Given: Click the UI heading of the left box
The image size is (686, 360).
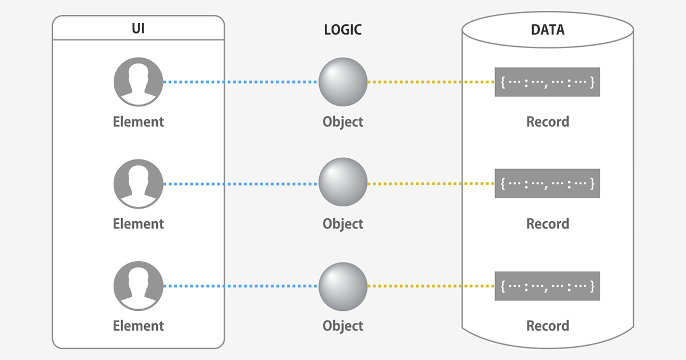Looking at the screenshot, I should (x=138, y=29).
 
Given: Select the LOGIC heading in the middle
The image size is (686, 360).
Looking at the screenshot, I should (x=343, y=30).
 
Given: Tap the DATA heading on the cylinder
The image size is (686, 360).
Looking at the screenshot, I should (x=547, y=30).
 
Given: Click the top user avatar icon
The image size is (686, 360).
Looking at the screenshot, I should (x=138, y=82).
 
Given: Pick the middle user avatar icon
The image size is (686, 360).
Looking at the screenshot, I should (x=138, y=184).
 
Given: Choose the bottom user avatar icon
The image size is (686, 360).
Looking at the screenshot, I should (x=138, y=286).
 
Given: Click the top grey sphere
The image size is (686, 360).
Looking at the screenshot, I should (x=342, y=82).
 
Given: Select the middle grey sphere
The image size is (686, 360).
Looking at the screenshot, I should (x=342, y=183).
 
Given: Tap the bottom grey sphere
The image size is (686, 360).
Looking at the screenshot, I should (x=342, y=286).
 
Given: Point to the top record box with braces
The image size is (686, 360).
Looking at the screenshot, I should (x=547, y=82).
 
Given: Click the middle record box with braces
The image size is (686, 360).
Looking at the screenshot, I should (x=547, y=183).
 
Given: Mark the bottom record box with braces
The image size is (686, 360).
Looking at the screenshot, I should (x=547, y=286).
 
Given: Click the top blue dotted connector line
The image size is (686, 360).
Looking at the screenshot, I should (x=240, y=82).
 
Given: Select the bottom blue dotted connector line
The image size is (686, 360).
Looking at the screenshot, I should (x=240, y=286).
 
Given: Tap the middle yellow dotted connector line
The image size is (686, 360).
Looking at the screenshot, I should (x=430, y=184).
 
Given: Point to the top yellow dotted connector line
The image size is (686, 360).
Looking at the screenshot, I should (x=430, y=82).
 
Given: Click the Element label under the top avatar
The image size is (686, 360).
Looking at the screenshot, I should (x=138, y=122).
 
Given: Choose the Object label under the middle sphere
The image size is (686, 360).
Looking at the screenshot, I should (x=343, y=223).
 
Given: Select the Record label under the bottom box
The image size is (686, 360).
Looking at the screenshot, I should (x=548, y=326).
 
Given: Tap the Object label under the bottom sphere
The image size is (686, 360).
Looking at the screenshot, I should (x=343, y=326).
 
